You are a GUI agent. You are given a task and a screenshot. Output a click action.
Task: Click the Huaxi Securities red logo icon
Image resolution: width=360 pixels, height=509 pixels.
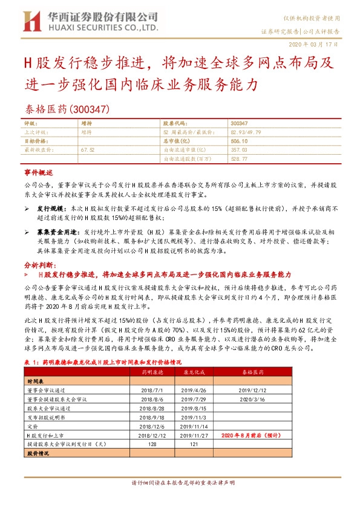point(31,22)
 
